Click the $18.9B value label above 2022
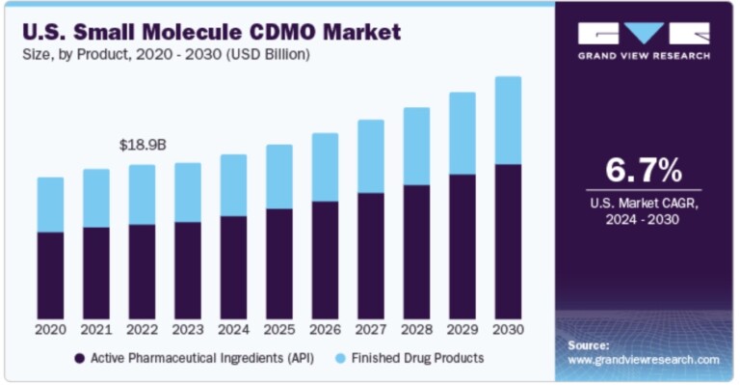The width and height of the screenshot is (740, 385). (143, 145)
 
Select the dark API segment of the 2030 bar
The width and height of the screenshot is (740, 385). (508, 241)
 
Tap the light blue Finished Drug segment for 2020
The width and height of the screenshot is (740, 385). (51, 205)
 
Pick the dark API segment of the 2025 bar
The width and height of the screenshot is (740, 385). (279, 262)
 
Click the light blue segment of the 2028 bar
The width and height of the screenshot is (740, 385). (416, 146)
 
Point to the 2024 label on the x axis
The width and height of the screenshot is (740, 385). (233, 329)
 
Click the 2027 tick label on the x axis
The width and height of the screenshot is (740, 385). (371, 329)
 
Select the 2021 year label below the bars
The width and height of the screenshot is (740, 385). (96, 329)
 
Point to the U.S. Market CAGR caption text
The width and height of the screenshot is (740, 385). (643, 204)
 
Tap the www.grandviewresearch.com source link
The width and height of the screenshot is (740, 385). (643, 359)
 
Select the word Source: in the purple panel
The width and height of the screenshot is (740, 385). (589, 344)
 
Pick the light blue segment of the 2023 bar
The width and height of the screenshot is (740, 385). (188, 192)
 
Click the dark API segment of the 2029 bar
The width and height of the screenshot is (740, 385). (462, 246)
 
